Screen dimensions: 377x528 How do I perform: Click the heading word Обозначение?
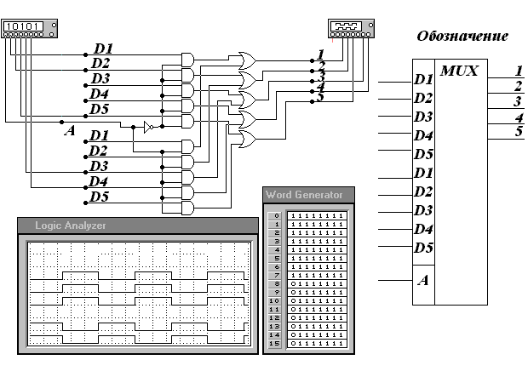[x=462, y=37]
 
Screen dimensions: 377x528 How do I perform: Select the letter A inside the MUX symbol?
[x=422, y=279]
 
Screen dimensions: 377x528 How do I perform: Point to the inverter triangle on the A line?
[x=147, y=127]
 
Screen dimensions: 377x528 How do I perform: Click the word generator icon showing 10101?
[x=25, y=27]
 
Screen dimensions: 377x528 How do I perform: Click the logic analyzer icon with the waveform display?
[x=350, y=28]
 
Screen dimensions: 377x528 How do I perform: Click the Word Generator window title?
[x=304, y=195]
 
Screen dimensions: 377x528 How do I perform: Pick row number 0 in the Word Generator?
[x=274, y=216]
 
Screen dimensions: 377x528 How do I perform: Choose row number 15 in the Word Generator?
[x=274, y=342]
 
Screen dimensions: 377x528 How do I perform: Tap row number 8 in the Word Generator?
[x=274, y=283]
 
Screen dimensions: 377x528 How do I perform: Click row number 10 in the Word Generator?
[x=274, y=300]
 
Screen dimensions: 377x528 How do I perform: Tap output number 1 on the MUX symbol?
[x=518, y=71]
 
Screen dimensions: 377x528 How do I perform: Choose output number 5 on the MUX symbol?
[x=518, y=130]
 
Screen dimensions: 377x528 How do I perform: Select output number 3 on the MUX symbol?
[x=518, y=101]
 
